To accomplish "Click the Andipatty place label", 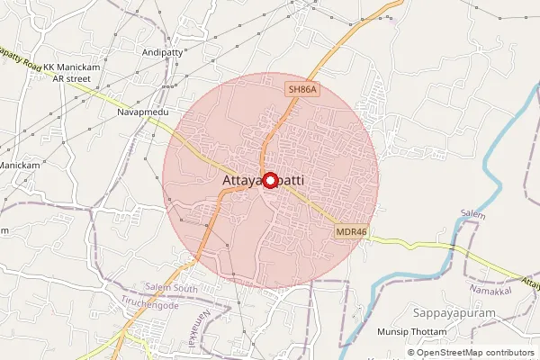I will pos(162,53).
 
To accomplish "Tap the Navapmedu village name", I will pos(141,113).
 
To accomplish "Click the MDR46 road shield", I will pos(352,231).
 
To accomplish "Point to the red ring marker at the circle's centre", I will pos(269,179).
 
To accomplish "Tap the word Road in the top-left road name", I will pos(31,66).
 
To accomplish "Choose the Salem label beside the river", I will pos(472,216).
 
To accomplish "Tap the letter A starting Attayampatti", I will pos(226,182).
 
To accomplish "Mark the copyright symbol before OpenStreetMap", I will pos(411,353).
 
